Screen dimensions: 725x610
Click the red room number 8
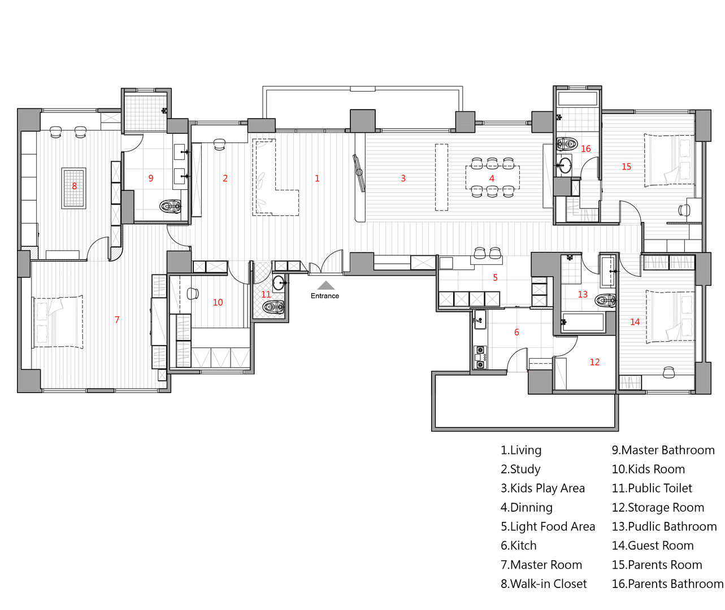tap(74, 186)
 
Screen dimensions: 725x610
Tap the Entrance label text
tap(325, 296)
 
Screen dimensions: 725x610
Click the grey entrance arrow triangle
tap(325, 285)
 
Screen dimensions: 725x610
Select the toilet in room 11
tap(273, 307)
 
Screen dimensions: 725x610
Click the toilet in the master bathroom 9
tap(171, 206)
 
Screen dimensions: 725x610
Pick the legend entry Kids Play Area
tap(542, 488)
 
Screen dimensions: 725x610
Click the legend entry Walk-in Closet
tap(544, 583)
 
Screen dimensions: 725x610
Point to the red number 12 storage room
tap(594, 362)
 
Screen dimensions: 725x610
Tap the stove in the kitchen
tap(480, 358)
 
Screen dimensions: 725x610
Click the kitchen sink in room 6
tap(480, 319)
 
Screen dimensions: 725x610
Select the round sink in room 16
tap(565, 165)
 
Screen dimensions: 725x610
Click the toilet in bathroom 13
tap(605, 300)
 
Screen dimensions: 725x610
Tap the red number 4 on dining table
tap(492, 178)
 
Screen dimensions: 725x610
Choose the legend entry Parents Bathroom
tap(667, 583)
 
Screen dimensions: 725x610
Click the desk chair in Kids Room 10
tap(193, 294)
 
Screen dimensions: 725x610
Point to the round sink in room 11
tap(279, 283)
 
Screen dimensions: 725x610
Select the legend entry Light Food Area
tap(548, 526)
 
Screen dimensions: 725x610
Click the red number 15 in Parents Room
tap(626, 167)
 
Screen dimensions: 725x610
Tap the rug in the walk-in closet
tap(74, 188)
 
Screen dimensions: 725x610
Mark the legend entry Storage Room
tap(658, 507)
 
